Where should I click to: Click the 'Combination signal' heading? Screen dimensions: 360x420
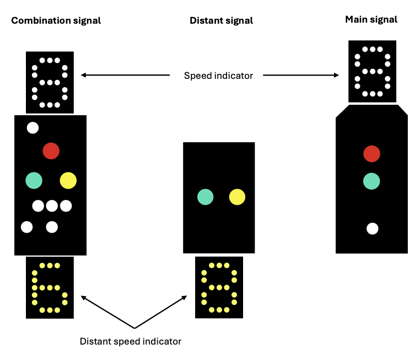56,21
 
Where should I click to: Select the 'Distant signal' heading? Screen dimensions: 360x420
221,21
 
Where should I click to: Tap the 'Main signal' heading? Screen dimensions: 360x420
371,20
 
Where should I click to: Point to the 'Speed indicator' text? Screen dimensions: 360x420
218,76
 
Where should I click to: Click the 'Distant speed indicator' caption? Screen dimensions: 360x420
131,341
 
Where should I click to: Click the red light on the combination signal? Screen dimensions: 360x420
51,151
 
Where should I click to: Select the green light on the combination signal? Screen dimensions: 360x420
34,180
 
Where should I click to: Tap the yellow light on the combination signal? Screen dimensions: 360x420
68,180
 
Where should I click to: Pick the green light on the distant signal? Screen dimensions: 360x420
206,197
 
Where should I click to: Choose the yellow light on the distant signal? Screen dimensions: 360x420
237,197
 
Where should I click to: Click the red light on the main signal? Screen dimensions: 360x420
371,154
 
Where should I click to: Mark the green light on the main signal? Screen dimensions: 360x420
371,180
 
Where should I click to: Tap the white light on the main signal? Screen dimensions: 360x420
372,228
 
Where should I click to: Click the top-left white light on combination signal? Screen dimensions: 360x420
33,128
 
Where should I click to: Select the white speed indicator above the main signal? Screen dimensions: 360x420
372,72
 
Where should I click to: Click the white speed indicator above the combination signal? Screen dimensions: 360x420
50,82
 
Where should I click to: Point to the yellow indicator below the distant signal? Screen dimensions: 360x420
219,287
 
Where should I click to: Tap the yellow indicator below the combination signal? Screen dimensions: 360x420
50,287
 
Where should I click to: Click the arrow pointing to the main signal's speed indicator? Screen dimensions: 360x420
300,76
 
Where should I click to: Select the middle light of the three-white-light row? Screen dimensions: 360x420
52,206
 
